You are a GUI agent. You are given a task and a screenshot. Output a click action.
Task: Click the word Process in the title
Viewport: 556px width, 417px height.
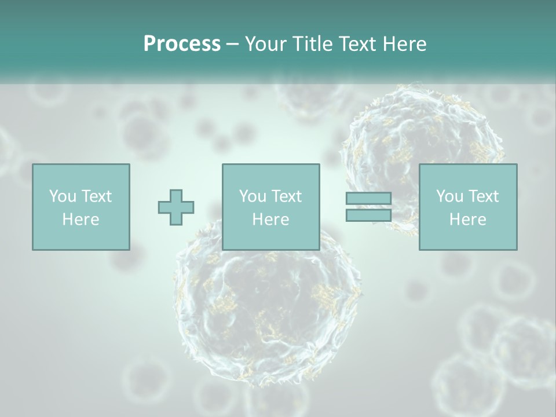pos(182,44)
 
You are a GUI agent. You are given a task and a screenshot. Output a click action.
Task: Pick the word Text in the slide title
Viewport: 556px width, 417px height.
pos(358,44)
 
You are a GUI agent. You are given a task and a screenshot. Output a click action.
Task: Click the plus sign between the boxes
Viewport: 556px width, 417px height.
pos(176,207)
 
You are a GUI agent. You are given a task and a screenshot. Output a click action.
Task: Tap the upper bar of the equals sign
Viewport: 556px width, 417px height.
pos(368,199)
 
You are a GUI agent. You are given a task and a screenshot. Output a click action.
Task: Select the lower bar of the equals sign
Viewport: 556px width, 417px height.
pos(368,215)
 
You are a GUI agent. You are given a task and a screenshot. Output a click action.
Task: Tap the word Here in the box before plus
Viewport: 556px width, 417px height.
pos(81,220)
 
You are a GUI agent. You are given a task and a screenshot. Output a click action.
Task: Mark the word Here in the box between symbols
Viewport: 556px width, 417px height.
pos(270,220)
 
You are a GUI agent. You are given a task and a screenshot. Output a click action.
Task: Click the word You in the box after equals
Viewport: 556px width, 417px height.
pos(449,196)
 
